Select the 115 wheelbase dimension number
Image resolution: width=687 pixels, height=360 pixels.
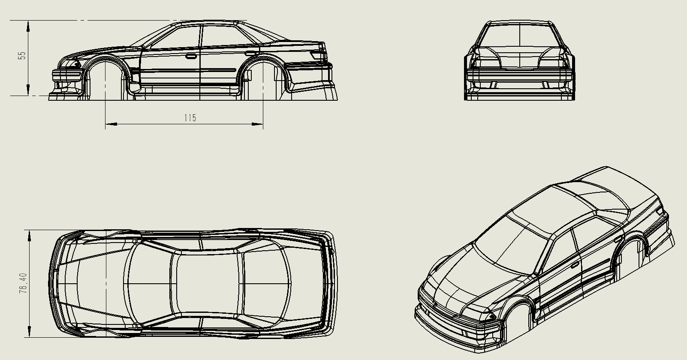point(190,117)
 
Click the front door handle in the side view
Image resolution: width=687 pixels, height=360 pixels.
point(190,56)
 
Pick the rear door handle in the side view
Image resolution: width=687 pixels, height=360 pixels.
point(250,53)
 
